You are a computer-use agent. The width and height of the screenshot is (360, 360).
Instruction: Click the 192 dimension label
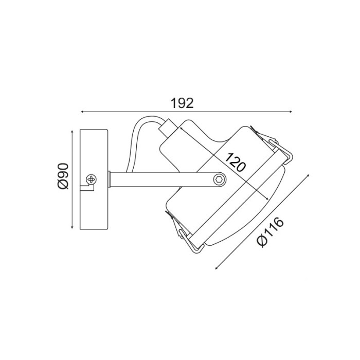pyautogui.click(x=182, y=103)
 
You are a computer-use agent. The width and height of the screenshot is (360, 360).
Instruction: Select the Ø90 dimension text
pyautogui.click(x=63, y=176)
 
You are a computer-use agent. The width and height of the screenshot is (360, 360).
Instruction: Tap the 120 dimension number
pyautogui.click(x=235, y=163)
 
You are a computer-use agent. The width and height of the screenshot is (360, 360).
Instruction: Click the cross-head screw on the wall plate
pyautogui.click(x=91, y=179)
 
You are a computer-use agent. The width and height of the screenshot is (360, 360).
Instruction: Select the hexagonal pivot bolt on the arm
pyautogui.click(x=219, y=179)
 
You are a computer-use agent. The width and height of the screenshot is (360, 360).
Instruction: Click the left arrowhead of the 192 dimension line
pyautogui.click(x=82, y=112)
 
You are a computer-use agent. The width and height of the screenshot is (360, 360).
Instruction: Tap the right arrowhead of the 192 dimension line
pyautogui.click(x=291, y=112)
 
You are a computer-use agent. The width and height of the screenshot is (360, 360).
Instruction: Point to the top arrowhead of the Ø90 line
pyautogui.click(x=72, y=132)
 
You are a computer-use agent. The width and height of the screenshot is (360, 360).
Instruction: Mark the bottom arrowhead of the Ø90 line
pyautogui.click(x=72, y=227)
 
